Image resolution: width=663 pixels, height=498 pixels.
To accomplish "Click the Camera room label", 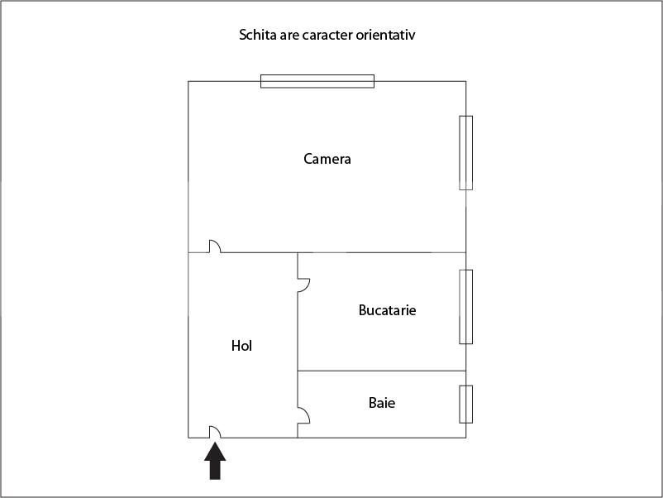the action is [327, 159].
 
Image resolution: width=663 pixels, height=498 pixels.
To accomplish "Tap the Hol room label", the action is [241, 346].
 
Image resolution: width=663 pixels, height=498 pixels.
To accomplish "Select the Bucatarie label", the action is [387, 310].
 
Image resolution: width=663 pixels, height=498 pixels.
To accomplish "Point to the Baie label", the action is [382, 402].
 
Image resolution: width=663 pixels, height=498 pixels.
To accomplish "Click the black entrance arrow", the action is [215, 461].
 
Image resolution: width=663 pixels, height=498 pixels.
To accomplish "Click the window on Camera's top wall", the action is [317, 81].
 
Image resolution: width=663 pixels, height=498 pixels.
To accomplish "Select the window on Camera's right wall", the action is [466, 153].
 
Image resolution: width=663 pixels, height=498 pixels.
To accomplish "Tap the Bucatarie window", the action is [466, 307].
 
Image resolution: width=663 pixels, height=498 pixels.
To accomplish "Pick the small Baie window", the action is [466, 404].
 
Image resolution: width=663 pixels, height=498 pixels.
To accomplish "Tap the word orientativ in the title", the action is [385, 35].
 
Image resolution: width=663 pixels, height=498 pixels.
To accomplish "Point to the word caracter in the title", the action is [327, 35].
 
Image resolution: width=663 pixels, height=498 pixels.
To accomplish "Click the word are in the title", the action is [289, 36].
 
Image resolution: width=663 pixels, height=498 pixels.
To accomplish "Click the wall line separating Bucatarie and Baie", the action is [382, 371].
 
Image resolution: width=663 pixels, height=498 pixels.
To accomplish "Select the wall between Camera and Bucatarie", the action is [382, 252].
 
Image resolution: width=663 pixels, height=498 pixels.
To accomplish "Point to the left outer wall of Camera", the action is [188, 167].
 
